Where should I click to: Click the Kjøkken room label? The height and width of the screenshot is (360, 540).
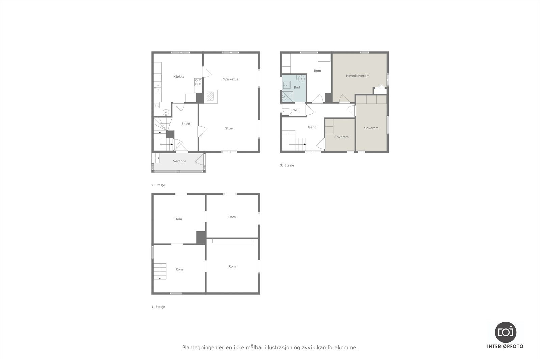click(x=180, y=77)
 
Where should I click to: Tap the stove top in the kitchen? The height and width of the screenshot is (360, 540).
click(x=198, y=82)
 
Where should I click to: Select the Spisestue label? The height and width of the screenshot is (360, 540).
click(x=231, y=79)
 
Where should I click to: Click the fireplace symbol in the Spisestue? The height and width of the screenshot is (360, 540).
click(x=211, y=96)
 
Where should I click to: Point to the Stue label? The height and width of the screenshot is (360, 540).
click(x=229, y=128)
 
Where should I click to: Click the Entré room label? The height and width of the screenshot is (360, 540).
click(x=186, y=124)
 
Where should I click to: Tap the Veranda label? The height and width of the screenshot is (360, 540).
click(x=180, y=161)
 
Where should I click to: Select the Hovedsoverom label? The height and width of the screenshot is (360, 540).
click(x=357, y=76)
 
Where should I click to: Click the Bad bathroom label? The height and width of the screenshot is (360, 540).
click(x=297, y=87)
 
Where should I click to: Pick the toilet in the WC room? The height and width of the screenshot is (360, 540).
click(x=287, y=111)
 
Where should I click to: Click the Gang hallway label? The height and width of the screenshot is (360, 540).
click(x=312, y=127)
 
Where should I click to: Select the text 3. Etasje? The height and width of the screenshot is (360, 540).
click(x=287, y=165)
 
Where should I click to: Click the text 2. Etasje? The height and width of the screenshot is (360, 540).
click(x=158, y=185)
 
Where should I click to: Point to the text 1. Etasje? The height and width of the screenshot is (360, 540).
click(x=158, y=307)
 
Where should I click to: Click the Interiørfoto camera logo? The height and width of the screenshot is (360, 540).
click(x=505, y=332)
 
